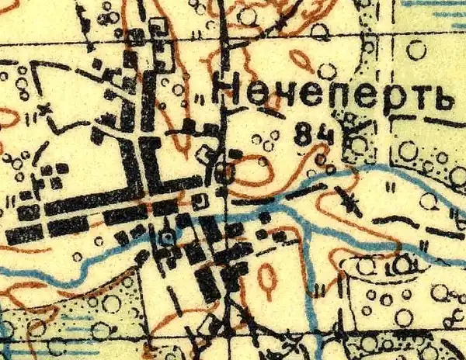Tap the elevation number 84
tap(314, 135)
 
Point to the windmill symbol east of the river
tap(349, 203)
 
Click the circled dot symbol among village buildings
tap(165, 237)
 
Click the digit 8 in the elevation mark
tap(304, 135)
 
